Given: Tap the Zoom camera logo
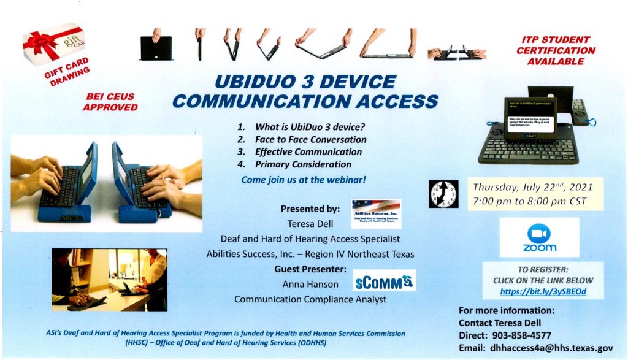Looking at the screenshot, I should pos(539,232).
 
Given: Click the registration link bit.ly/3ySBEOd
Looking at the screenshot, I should pos(543,291).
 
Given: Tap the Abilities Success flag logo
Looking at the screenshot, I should pos(376,213).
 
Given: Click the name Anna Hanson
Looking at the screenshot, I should pos(302,285).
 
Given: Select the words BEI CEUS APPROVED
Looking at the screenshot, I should pos(111,102).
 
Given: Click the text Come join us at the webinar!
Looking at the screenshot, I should pos(304,180).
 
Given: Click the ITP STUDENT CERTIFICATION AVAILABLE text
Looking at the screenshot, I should pos(556,50).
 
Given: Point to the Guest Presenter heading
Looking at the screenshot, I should pos(310,269).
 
